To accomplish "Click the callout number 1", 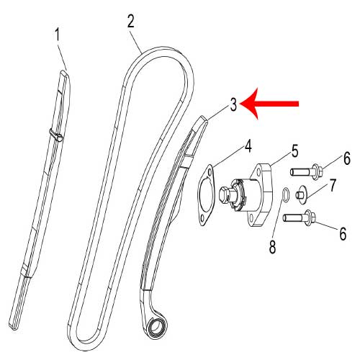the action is tap(57, 35).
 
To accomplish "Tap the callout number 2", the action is tap(131, 22).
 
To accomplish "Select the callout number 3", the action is tap(233, 104).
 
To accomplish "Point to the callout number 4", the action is tap(248, 146).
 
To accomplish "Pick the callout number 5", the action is tap(294, 150).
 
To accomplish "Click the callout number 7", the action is tap(332, 185).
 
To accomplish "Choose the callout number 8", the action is tap(272, 247).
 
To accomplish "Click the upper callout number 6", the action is tap(347, 158).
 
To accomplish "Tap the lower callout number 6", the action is tap(343, 233).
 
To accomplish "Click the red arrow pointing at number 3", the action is tap(269, 104).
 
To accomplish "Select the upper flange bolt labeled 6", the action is tap(306, 171).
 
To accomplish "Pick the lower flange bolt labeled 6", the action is tap(300, 217).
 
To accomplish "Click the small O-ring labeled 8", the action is tap(286, 194).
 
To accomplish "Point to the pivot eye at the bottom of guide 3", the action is tap(156, 327).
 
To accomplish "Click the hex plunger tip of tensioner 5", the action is tap(225, 194).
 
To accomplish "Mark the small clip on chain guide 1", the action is tap(55, 135).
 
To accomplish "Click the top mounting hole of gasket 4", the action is tap(210, 172).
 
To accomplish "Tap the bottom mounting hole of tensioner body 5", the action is tap(251, 218).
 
